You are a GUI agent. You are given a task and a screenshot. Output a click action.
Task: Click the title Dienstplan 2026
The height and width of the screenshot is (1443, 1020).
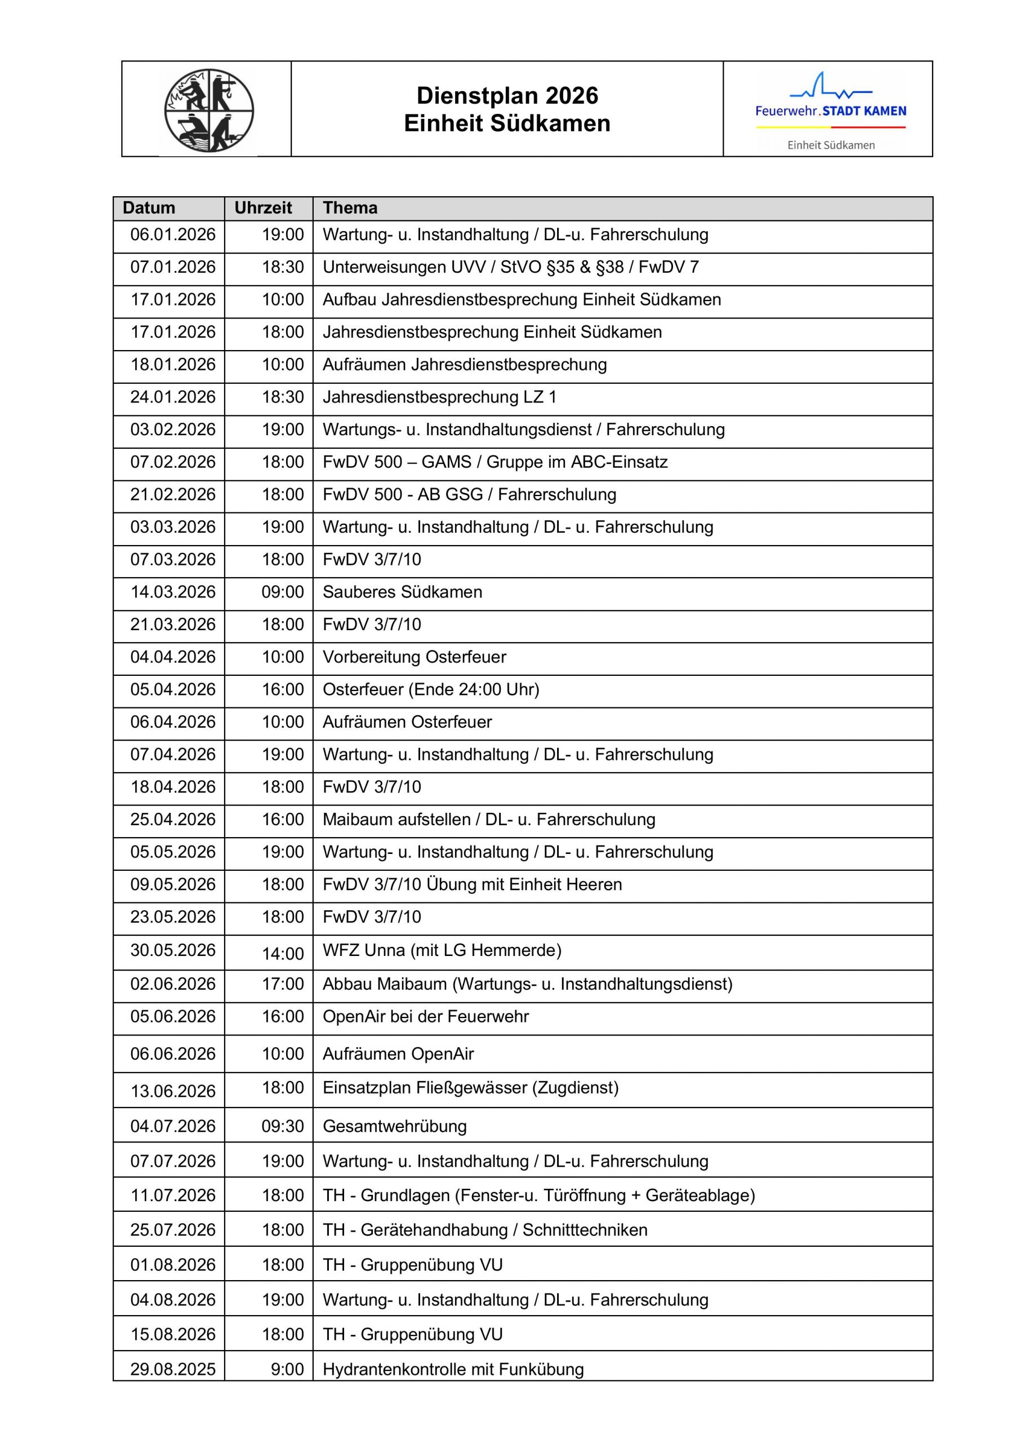point(507,95)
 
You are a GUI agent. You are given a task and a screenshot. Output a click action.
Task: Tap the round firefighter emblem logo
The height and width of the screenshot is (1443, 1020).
point(209,110)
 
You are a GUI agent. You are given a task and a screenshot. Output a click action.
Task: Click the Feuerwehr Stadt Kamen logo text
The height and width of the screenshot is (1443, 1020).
point(830,111)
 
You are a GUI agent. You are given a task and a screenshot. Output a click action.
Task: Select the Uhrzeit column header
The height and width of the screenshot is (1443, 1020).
point(263,208)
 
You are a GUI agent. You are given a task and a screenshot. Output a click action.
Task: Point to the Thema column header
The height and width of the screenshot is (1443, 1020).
point(350,208)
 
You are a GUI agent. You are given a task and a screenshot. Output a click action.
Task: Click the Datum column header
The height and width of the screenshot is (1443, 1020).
point(149,208)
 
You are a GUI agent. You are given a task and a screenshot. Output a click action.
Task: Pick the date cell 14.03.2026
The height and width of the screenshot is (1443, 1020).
point(173,592)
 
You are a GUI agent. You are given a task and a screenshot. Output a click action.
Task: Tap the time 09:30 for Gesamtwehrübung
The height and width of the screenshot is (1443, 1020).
point(283,1126)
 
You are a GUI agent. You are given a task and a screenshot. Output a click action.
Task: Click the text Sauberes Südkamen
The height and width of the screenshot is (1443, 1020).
point(402,592)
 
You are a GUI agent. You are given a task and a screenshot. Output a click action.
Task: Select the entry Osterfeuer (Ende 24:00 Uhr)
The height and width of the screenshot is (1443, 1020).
point(431,689)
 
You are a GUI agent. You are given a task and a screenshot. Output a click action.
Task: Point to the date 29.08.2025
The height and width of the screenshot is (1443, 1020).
point(173,1369)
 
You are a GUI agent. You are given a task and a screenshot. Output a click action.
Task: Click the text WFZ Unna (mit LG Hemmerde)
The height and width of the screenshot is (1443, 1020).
point(442,950)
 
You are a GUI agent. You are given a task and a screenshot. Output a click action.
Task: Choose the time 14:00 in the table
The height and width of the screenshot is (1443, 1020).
point(283,953)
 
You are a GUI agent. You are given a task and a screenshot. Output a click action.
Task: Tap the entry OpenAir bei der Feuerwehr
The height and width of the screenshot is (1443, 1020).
point(425,1016)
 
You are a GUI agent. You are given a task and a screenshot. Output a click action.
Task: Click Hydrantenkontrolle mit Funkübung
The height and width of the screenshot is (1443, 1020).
point(453,1369)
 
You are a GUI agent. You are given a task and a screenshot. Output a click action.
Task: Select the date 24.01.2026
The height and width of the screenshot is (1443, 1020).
point(173,397)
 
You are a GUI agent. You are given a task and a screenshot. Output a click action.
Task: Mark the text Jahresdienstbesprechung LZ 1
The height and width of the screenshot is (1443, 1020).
point(439,397)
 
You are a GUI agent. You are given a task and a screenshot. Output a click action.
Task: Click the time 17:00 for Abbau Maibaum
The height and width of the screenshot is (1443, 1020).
point(283,984)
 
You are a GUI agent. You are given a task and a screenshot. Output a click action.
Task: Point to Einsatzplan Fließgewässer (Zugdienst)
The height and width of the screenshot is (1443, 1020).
point(470,1088)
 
